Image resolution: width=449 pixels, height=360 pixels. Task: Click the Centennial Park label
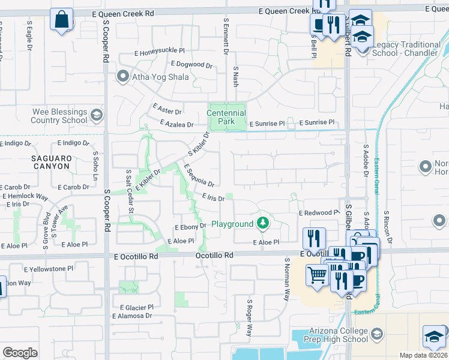226,117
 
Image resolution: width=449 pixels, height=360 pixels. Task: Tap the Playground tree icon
262,224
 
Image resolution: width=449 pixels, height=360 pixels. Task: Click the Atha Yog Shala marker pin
123,76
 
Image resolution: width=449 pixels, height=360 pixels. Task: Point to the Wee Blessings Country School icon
96,115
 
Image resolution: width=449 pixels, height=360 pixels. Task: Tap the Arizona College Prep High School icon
377,334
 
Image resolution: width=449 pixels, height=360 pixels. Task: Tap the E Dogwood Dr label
191,64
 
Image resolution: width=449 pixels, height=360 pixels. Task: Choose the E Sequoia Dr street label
199,175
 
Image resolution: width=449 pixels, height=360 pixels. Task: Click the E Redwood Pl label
319,213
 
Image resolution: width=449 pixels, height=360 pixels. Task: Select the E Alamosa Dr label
132,316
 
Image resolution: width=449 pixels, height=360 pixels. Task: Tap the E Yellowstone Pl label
48,269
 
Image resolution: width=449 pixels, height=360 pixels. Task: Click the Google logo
20,353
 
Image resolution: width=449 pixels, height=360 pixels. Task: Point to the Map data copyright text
423,355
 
